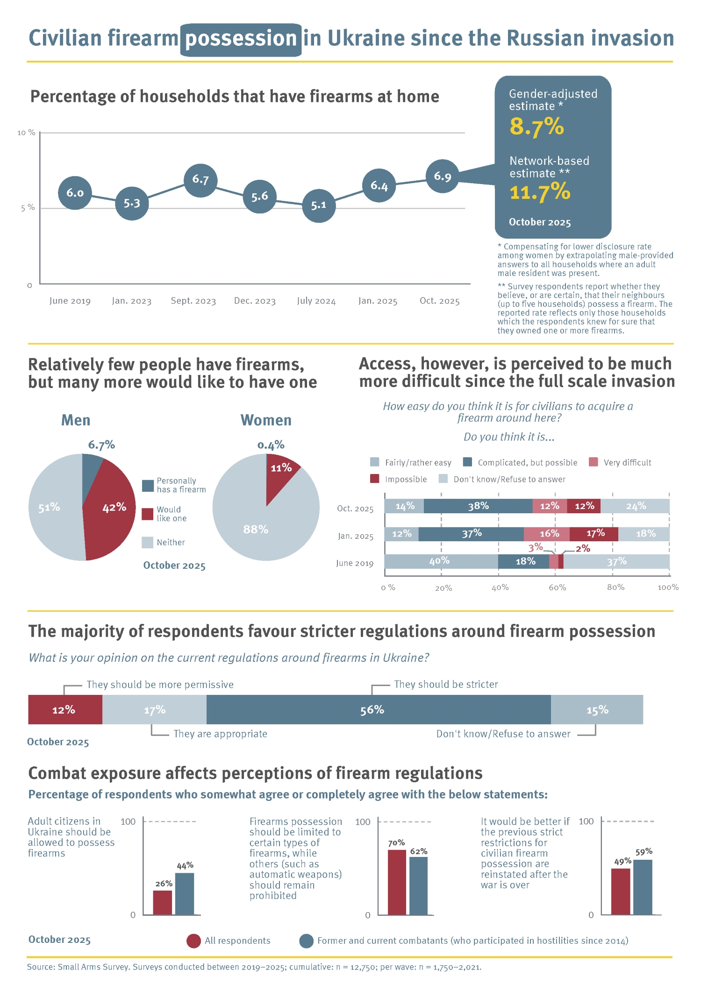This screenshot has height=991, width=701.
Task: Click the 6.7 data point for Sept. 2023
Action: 200,180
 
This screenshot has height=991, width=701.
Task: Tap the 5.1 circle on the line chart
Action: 319,205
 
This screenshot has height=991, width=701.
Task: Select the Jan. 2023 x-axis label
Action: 131,301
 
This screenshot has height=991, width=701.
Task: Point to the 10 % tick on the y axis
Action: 26,133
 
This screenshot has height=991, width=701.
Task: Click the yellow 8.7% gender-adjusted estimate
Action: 536,127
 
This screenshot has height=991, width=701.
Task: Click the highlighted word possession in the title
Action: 241,39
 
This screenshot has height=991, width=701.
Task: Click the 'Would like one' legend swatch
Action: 148,514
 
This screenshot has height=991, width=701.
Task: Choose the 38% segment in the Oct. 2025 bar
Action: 478,506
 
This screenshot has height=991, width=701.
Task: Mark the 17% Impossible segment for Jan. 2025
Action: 594,534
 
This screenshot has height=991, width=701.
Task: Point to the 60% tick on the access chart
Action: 557,588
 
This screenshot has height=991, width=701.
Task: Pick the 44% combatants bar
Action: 185,894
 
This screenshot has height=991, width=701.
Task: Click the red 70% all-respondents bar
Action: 397,882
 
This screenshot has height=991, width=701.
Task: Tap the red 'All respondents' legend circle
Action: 193,941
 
